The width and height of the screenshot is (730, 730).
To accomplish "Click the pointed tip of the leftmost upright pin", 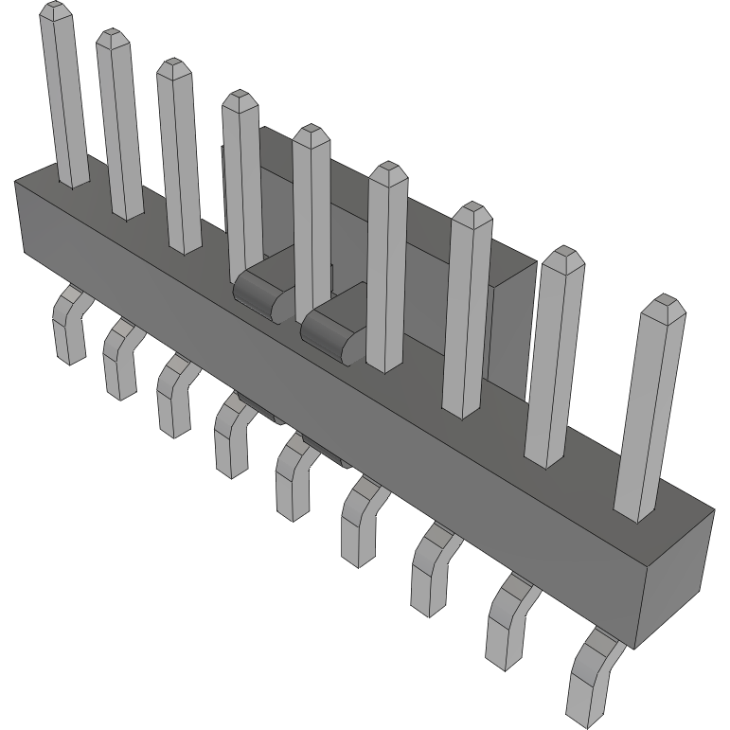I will [x=56, y=11].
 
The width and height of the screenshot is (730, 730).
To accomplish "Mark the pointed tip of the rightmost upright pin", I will [x=662, y=304].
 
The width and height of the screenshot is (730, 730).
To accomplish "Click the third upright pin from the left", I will [x=179, y=156].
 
